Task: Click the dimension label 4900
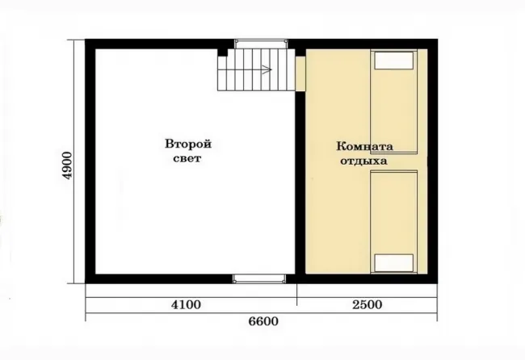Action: tap(67, 165)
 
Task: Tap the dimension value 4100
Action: tap(186, 304)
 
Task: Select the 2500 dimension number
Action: tap(367, 304)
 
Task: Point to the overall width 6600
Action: tap(263, 321)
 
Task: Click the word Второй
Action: tap(188, 144)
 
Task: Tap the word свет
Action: tap(187, 158)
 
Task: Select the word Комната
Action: tap(364, 146)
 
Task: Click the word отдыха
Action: tap(364, 161)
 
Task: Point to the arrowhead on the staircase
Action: tap(267, 69)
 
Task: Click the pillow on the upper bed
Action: tap(394, 61)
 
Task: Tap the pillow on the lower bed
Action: tap(394, 263)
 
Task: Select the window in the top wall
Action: tap(261, 44)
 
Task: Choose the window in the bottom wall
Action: tap(259, 278)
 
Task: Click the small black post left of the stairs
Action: tap(223, 52)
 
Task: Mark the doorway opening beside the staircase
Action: tap(300, 73)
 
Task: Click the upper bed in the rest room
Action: tap(394, 102)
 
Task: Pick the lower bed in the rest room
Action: tap(394, 222)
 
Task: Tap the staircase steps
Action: tap(256, 69)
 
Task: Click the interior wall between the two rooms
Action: tap(300, 182)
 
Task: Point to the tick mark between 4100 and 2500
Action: tap(297, 295)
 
